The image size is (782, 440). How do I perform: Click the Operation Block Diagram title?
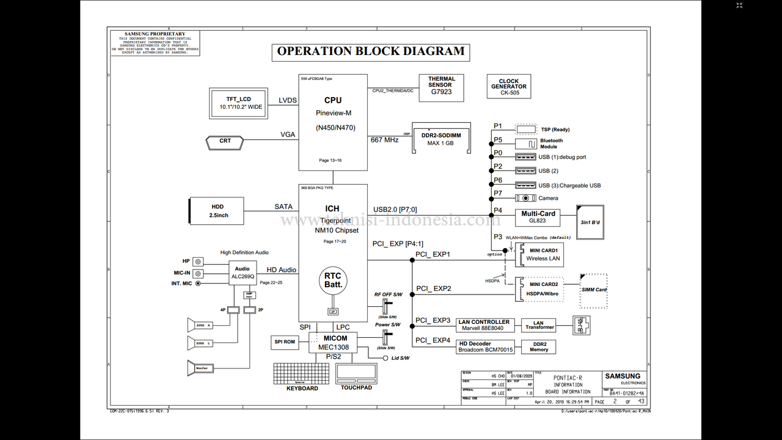point(371,51)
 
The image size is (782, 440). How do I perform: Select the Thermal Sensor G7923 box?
point(441,88)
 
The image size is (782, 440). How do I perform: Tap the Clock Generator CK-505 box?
point(508,87)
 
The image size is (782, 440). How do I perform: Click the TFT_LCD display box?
point(238,103)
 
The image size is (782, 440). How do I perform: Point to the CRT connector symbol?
point(225,141)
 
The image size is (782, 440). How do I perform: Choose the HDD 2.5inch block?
point(217,211)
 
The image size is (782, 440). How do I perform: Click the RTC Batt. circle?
point(333,280)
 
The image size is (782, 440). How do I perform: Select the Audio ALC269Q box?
point(242,273)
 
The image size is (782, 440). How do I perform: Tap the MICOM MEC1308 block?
point(335,342)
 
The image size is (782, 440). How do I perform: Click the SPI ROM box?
point(284,342)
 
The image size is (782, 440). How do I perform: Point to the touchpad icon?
point(356,373)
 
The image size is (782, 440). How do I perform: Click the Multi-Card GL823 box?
point(538,217)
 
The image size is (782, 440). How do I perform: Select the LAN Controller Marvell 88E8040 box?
point(484,325)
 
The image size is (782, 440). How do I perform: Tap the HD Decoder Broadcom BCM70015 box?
point(486,347)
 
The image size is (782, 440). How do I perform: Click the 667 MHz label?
point(384,140)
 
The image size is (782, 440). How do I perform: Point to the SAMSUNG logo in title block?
point(623,376)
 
